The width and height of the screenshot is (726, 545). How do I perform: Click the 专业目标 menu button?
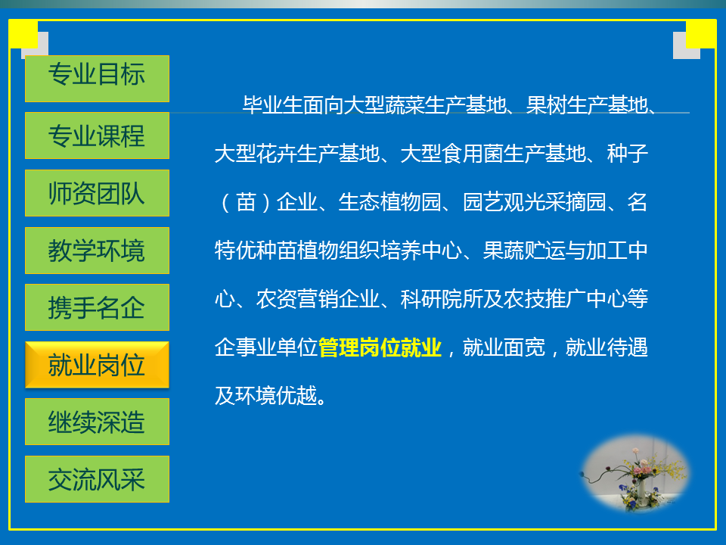click(97, 79)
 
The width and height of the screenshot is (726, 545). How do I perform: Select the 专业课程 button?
click(97, 135)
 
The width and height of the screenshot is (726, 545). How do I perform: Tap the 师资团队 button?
click(97, 193)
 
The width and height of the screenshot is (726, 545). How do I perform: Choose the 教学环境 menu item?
click(97, 251)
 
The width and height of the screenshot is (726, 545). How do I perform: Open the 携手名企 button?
click(97, 307)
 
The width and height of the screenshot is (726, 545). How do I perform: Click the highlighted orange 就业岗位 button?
click(97, 365)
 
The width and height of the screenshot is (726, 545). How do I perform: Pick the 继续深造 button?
click(97, 422)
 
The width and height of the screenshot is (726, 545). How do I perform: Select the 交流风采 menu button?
click(97, 479)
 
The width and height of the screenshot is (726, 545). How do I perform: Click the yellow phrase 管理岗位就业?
click(380, 347)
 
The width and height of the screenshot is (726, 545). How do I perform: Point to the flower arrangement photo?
click(635, 472)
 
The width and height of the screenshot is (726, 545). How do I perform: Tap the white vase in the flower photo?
click(642, 490)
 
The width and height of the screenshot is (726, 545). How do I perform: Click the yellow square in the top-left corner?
click(23, 33)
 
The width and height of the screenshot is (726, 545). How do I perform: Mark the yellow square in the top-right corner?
click(701, 33)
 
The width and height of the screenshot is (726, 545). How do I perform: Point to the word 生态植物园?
click(389, 202)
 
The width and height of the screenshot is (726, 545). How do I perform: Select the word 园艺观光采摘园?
click(535, 202)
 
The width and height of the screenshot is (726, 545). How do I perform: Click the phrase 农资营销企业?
click(318, 299)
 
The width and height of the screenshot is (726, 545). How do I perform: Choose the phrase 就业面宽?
click(504, 347)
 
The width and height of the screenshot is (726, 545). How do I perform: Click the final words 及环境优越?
click(266, 396)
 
